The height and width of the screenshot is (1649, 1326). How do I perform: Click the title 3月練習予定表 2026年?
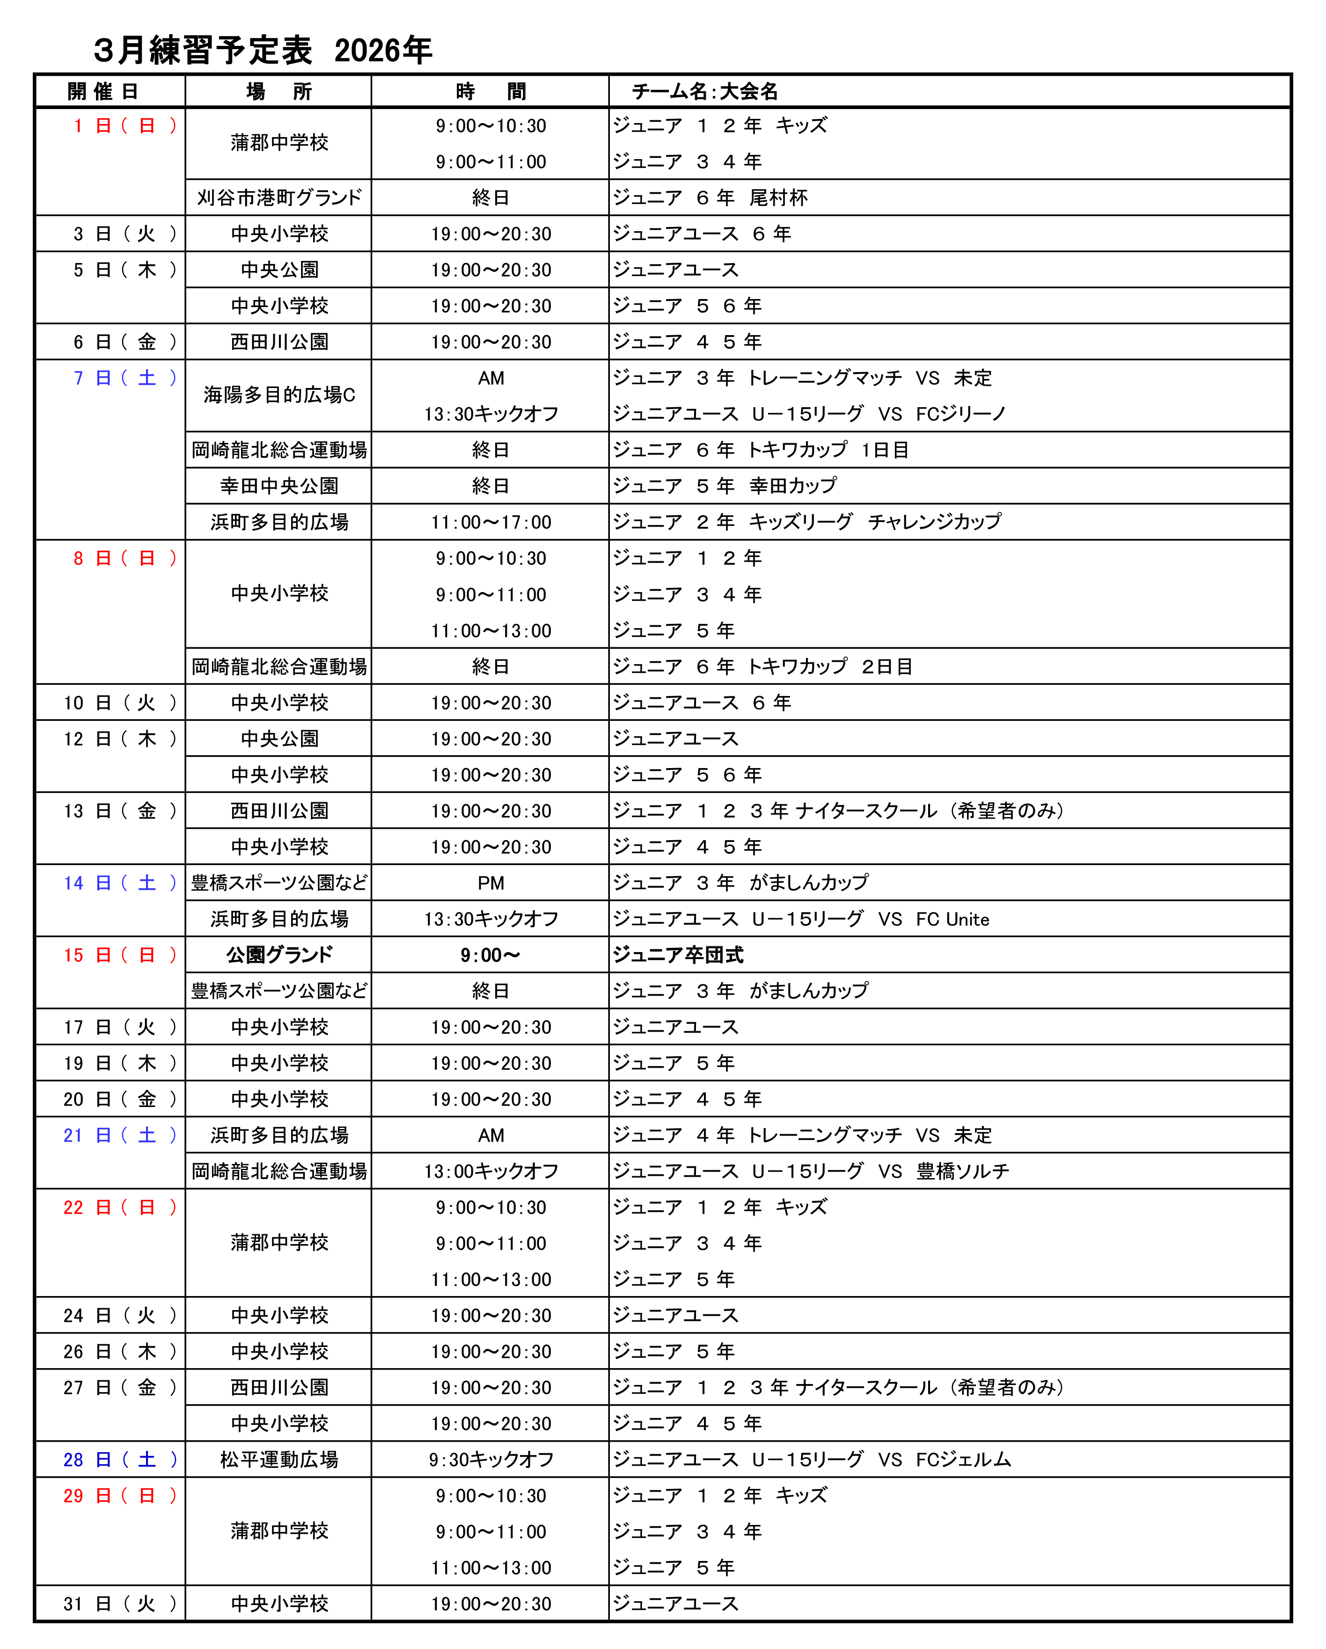262,51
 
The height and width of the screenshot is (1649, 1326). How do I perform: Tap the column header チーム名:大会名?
704,92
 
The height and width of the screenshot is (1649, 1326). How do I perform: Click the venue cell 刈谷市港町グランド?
279,198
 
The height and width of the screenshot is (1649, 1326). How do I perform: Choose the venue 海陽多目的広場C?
279,396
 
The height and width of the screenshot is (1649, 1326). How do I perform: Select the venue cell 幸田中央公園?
279,486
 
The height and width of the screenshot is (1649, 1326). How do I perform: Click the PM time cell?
491,883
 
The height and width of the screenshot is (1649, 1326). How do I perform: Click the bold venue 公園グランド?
279,955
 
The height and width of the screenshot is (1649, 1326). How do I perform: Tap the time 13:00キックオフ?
491,1172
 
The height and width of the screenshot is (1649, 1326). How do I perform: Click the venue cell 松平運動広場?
279,1460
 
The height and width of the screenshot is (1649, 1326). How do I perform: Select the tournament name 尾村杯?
778,198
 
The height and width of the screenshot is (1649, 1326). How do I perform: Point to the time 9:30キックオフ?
491,1460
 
